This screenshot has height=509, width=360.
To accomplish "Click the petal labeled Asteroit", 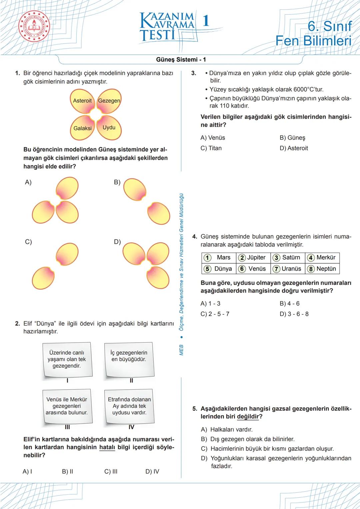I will click(x=82, y=101).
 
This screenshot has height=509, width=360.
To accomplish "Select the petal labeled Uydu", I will click(x=109, y=128).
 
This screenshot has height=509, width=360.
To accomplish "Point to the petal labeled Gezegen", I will click(x=109, y=100).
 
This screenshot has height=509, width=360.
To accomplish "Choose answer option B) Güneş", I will click(x=292, y=138).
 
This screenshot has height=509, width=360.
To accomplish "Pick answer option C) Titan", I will click(x=211, y=148).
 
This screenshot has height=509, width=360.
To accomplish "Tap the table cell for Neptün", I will click(x=322, y=269).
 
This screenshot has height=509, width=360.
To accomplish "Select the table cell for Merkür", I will click(x=322, y=257).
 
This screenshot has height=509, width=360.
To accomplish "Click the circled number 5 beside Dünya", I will click(x=207, y=269).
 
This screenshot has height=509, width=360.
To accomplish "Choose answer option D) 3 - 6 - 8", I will click(x=294, y=314).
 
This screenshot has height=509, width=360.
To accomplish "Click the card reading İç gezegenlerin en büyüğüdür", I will click(x=129, y=359).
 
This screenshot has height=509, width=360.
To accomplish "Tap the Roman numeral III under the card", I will click(x=67, y=427).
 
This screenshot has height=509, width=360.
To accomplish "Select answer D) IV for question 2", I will click(x=152, y=471).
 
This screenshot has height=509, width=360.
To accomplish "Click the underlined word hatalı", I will click(x=107, y=447).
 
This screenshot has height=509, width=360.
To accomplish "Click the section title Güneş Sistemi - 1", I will click(x=181, y=60).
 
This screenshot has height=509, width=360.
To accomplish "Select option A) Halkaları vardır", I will click(x=227, y=429).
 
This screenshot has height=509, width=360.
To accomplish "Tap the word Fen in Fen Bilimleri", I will click(x=288, y=41).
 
